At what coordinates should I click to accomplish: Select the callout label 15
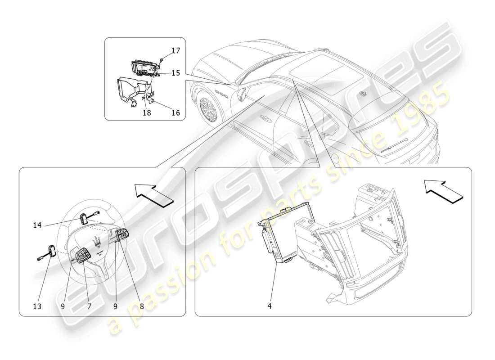(x=175, y=72)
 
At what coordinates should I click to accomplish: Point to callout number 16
(x=175, y=113)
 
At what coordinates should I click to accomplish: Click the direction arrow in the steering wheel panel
(x=153, y=195)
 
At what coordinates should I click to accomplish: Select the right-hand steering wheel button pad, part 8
(x=122, y=235)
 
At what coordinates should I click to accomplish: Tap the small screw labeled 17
(x=161, y=59)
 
